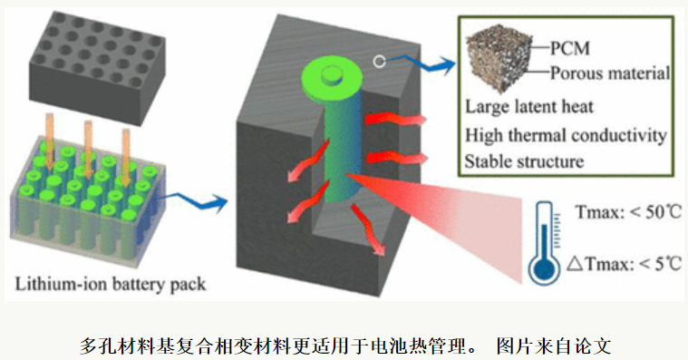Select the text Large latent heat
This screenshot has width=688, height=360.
(529, 107)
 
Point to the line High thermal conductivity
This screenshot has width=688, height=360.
(566, 135)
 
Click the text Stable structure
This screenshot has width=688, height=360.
(524, 162)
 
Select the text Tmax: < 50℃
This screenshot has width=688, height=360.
(626, 213)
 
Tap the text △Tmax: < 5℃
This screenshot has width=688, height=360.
(624, 265)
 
